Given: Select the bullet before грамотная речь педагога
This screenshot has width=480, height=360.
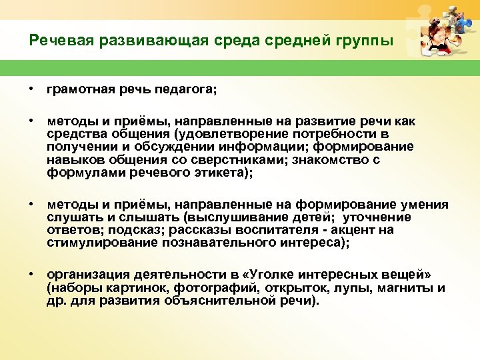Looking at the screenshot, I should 31,89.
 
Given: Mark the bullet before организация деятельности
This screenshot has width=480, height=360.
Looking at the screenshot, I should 31,275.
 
